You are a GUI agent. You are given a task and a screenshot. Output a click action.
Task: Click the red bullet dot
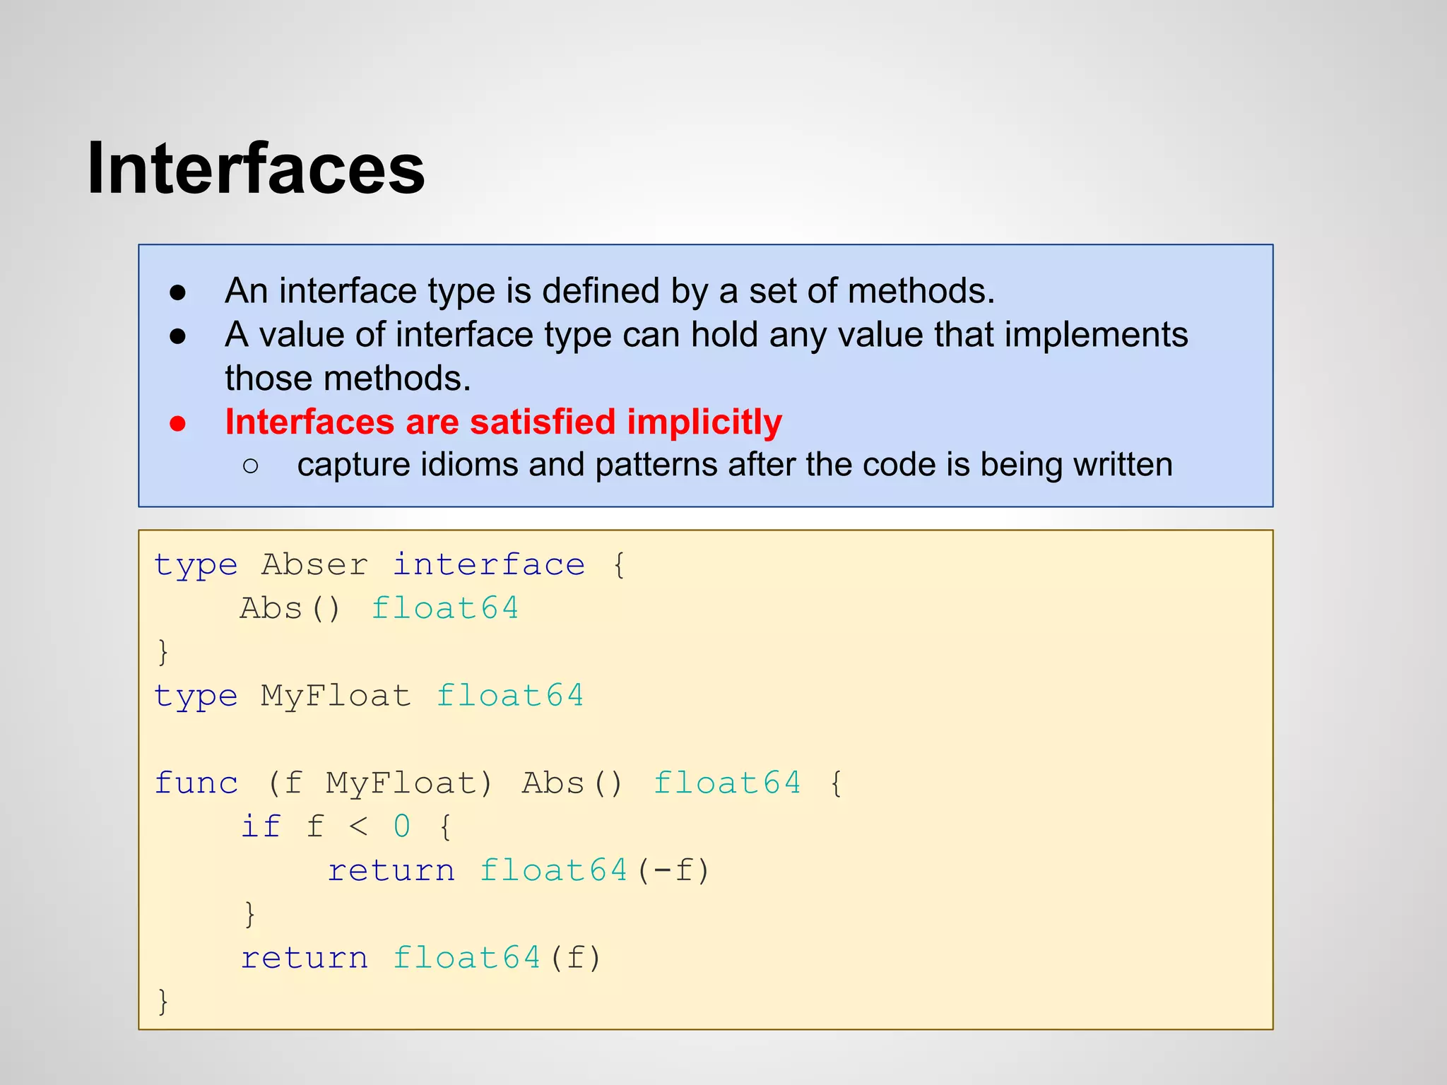coord(178,423)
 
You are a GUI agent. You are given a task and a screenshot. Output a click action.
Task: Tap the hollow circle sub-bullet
coord(250,466)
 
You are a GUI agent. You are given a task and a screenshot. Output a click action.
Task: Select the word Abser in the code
coord(314,564)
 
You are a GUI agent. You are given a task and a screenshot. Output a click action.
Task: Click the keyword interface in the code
coord(489,564)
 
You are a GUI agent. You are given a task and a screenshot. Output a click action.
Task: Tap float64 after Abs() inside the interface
coord(445,608)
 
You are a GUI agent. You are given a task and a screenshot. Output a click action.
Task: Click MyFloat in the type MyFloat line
coord(336,696)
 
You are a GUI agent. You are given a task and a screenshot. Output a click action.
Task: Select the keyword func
coord(196,783)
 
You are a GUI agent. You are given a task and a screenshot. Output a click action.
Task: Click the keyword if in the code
coord(261,826)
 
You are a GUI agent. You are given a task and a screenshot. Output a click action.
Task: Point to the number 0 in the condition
coord(401,826)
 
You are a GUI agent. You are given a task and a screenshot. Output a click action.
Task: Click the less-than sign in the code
coord(358,826)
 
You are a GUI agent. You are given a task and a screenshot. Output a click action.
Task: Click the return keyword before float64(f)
coord(305,958)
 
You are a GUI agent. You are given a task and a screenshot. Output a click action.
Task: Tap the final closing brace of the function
coord(163,1002)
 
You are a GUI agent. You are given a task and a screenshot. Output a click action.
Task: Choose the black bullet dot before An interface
coord(178,292)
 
